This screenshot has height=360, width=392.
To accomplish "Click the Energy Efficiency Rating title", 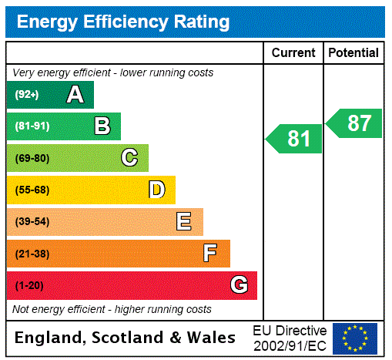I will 123,22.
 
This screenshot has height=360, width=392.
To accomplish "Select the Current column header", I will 293,53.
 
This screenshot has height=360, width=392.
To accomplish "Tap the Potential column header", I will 353,53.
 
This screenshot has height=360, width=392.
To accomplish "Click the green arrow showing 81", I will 295,139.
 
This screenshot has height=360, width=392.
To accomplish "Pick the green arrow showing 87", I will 355,123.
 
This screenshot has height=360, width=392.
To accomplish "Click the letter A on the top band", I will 75,95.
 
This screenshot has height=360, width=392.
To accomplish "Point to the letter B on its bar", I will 102,126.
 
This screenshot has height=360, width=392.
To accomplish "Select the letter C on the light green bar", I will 129,158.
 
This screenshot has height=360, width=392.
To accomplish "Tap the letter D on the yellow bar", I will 156,190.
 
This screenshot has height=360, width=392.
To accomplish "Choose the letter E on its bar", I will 184,222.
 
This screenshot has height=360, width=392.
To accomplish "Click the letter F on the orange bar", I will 210,253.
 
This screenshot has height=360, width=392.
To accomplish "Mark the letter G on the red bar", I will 239,285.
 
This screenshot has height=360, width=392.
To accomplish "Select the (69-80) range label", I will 32,159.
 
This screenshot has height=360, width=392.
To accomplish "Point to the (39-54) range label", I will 32,222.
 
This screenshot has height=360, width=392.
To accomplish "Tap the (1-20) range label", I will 29,286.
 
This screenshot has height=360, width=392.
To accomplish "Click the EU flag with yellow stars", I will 355,338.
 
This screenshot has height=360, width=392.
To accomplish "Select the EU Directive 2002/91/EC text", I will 290,338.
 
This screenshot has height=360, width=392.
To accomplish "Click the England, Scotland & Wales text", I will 126,338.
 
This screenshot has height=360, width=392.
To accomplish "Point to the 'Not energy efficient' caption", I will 112,309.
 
